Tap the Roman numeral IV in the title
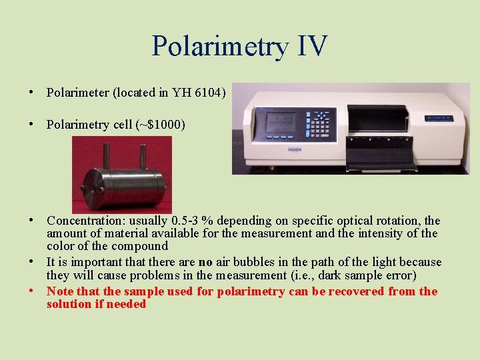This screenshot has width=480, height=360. pos(308,46)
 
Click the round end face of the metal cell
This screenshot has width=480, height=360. pos(91,190)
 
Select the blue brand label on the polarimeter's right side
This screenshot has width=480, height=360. pos(440,119)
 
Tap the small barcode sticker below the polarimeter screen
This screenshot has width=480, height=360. pos(294,150)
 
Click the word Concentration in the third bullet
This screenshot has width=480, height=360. pos(79,221)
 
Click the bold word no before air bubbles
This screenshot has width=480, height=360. pos(206,263)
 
